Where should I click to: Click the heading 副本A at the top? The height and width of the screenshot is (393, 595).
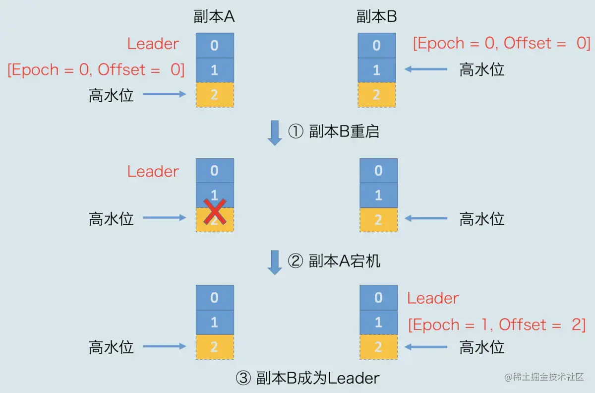pyautogui.click(x=214, y=17)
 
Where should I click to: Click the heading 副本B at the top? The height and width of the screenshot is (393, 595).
pyautogui.click(x=376, y=17)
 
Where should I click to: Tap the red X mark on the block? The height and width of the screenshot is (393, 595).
pyautogui.click(x=215, y=212)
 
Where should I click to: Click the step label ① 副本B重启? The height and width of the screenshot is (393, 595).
pyautogui.click(x=334, y=131)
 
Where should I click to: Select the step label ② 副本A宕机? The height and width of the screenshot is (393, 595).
pyautogui.click(x=334, y=261)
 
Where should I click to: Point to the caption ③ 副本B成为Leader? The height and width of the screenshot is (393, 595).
pyautogui.click(x=307, y=378)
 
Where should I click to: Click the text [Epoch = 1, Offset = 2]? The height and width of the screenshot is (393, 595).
pyautogui.click(x=497, y=325)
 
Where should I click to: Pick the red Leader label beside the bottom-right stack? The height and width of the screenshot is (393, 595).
pyautogui.click(x=433, y=298)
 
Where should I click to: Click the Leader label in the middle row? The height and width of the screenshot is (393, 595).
pyautogui.click(x=153, y=171)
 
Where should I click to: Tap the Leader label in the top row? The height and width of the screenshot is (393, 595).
pyautogui.click(x=153, y=44)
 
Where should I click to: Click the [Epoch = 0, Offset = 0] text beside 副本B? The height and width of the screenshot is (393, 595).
pyautogui.click(x=501, y=43)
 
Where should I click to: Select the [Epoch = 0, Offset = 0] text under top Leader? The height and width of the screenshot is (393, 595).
pyautogui.click(x=96, y=69)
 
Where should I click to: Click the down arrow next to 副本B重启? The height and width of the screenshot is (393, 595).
pyautogui.click(x=274, y=132)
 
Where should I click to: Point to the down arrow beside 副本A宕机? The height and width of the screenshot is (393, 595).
pyautogui.click(x=274, y=262)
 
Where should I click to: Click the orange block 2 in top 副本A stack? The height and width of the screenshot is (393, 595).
pyautogui.click(x=214, y=95)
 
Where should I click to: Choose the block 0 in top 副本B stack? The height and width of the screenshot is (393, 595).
pyautogui.click(x=376, y=45)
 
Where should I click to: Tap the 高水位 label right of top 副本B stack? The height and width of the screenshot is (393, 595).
pyautogui.click(x=481, y=69)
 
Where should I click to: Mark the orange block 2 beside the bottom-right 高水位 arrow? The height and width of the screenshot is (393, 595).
pyautogui.click(x=378, y=347)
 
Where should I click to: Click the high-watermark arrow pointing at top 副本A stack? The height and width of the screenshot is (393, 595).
pyautogui.click(x=164, y=94)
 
